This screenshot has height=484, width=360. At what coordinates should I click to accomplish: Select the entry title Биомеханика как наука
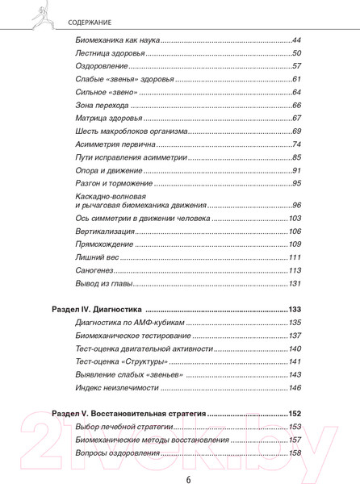click(x=117, y=40)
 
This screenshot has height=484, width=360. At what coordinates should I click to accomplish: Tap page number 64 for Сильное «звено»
click(x=296, y=92)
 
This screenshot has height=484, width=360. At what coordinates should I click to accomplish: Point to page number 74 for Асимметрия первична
click(x=296, y=144)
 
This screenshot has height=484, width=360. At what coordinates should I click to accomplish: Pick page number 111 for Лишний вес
click(x=295, y=257)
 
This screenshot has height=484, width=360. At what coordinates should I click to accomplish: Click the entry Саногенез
click(x=94, y=270)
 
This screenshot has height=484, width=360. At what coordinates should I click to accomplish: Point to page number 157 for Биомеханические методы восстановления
click(x=294, y=440)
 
